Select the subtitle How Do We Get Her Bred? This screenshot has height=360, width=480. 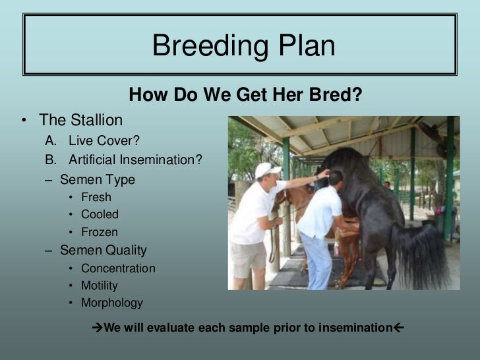click(245, 97)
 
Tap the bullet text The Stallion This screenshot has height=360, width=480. click(81, 120)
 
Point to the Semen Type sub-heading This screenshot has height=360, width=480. click(97, 179)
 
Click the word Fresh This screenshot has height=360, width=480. click(96, 197)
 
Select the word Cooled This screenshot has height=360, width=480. click(100, 214)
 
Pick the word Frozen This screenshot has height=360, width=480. click(100, 232)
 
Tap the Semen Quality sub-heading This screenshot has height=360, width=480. click(104, 251)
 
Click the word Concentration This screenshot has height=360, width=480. click(118, 268)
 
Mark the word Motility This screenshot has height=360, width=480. click(100, 285)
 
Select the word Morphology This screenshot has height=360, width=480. click(111, 303)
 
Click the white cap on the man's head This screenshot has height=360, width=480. click(266, 169)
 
